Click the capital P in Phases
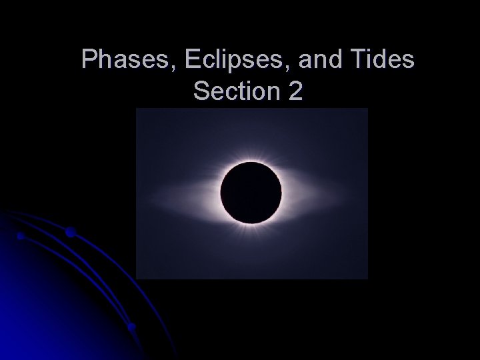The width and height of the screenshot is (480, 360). click(x=88, y=60)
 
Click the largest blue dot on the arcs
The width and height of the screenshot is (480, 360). click(x=70, y=232)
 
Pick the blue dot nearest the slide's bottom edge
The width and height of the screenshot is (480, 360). click(x=131, y=327)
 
